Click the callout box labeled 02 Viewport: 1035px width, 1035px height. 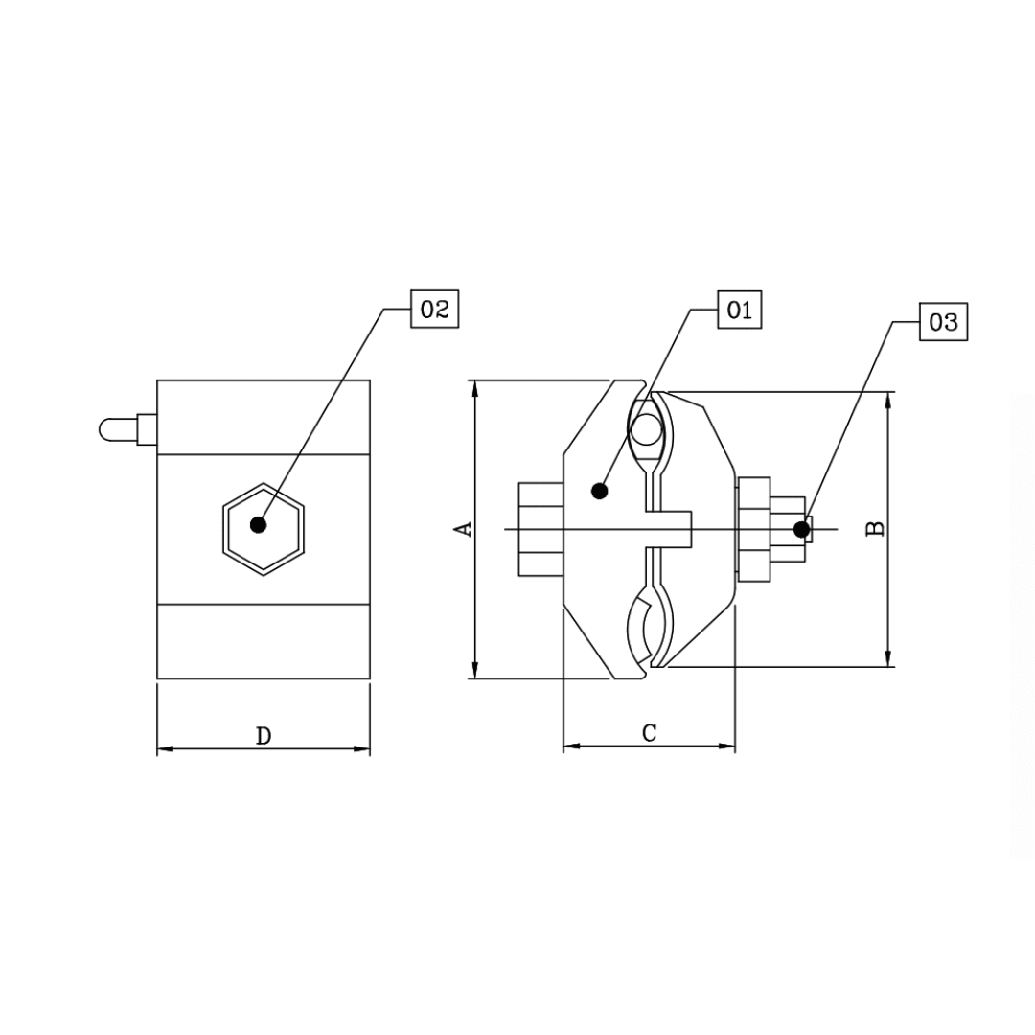point(434,309)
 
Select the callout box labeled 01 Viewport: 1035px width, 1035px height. point(739,310)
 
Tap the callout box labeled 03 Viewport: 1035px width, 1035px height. point(943,322)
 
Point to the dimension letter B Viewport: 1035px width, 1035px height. point(875,528)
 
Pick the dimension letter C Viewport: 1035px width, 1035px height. point(649,733)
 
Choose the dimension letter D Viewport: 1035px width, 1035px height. point(264,736)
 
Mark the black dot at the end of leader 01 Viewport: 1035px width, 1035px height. point(600,491)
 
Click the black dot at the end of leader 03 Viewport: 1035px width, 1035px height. point(801,529)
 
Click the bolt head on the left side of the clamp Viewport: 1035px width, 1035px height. point(540,529)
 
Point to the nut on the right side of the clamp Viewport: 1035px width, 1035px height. point(753,529)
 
